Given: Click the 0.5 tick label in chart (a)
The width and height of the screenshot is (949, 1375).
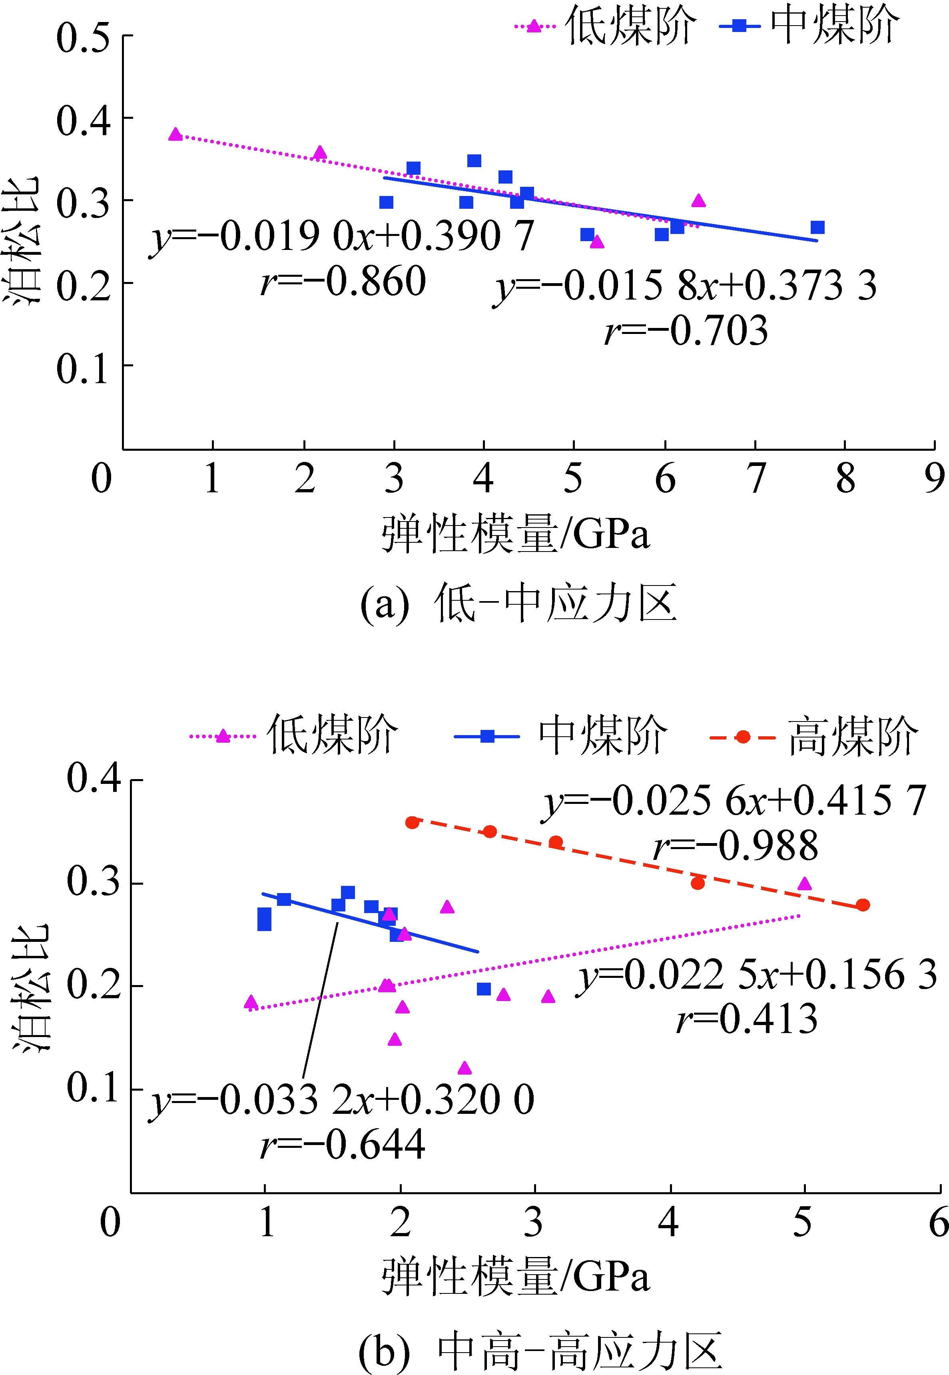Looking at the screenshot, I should [83, 38].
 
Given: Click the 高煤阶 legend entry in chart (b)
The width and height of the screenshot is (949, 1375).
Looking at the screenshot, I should [815, 737].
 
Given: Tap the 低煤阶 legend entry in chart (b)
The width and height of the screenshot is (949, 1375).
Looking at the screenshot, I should [294, 736].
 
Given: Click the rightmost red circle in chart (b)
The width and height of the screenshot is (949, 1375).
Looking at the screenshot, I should [863, 905].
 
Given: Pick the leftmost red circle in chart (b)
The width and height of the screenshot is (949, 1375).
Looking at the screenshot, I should [412, 823].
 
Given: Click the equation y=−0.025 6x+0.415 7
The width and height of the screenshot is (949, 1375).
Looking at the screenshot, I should [735, 801].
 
